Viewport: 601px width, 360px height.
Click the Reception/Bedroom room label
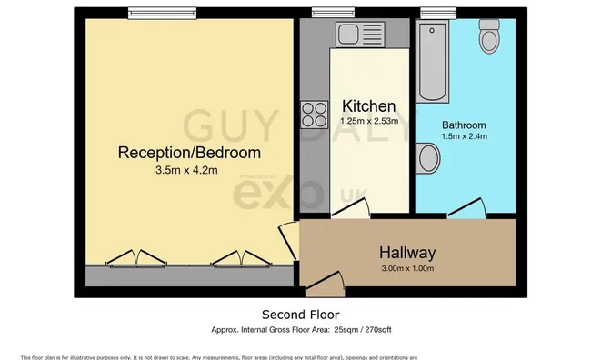tap(189, 152)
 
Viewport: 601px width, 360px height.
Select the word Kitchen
tap(368, 106)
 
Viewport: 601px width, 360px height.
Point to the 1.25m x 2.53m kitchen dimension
tap(368, 121)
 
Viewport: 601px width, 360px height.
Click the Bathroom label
tap(464, 125)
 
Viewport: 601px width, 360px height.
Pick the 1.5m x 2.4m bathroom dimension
tap(464, 137)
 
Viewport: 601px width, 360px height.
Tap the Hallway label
tap(408, 253)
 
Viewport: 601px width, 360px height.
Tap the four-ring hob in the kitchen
tap(316, 114)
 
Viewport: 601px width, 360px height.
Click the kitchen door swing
tap(350, 209)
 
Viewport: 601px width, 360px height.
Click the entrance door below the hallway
tap(325, 285)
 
